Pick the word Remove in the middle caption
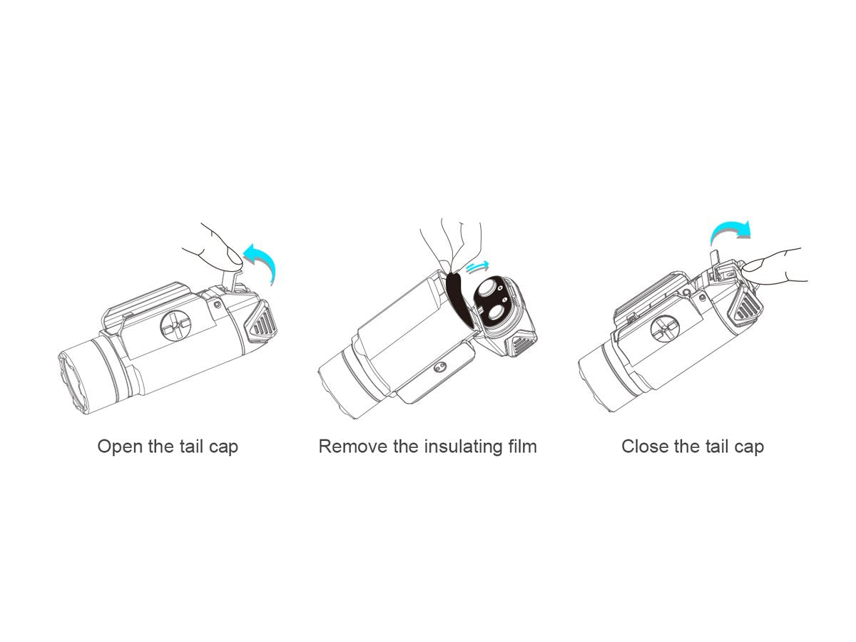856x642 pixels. point(352,447)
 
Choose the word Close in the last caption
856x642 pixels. point(645,447)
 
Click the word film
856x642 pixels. point(521,447)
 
